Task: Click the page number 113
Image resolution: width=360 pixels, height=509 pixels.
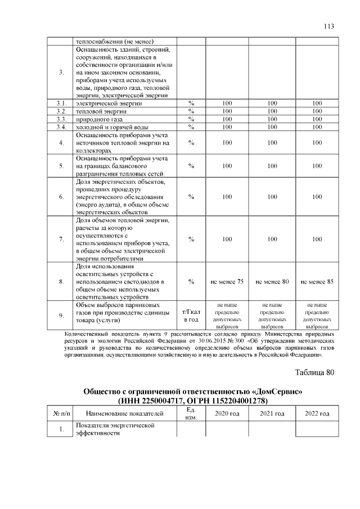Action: tap(330, 26)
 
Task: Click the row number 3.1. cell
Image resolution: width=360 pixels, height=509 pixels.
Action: tap(61, 103)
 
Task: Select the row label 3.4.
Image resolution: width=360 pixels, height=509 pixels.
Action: tap(61, 127)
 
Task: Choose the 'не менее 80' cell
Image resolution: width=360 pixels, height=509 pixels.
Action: tap(272, 281)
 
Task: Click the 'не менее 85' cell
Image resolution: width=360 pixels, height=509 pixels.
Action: tap(317, 281)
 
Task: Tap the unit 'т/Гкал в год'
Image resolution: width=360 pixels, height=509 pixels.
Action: tap(191, 316)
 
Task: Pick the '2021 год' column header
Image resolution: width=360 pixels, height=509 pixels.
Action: tap(272, 414)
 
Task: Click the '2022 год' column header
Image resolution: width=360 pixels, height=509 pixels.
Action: tap(317, 414)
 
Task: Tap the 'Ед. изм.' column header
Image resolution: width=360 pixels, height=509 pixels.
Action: tap(191, 414)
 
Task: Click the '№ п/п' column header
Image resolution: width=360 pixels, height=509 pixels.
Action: tap(61, 414)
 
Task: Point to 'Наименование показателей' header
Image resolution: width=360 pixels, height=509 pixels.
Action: tap(125, 414)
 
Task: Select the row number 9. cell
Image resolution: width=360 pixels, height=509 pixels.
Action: tap(61, 316)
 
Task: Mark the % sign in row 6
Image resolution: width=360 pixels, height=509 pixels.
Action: tap(191, 197)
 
